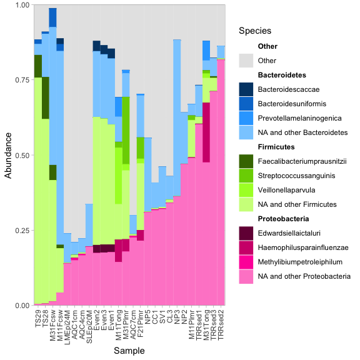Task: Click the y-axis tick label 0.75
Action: click(21, 80)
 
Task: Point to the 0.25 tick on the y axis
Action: click(21, 230)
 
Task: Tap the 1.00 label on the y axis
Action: click(21, 5)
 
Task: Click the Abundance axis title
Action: click(8, 155)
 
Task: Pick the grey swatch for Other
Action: click(246, 61)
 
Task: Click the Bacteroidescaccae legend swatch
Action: click(246, 89)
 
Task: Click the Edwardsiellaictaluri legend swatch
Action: click(246, 233)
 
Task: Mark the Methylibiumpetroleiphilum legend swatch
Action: click(246, 262)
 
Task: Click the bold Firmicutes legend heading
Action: click(276, 147)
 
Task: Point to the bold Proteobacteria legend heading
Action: click(283, 219)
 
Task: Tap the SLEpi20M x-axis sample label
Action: click(89, 327)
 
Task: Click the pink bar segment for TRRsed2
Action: click(221, 187)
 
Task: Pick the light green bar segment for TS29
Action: click(38, 187)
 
